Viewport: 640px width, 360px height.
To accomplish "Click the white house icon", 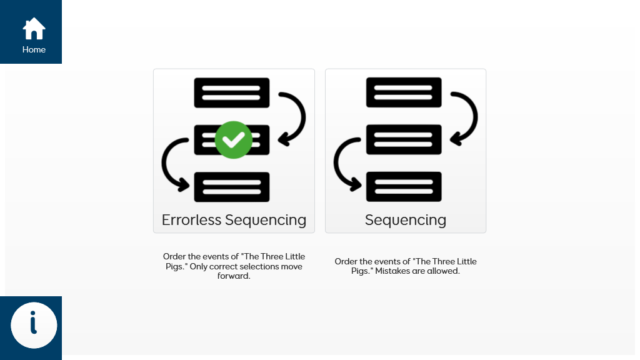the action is [34, 29].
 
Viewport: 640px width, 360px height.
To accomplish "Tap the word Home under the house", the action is [34, 50].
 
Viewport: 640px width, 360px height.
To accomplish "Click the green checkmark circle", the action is [234, 139].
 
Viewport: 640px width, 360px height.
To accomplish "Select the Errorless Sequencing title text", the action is [234, 220].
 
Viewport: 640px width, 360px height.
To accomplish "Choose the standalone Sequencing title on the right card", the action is [405, 220].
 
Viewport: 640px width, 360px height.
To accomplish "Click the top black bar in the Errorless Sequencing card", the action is [232, 92].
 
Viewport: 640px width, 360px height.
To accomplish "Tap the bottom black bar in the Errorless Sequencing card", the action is [232, 187].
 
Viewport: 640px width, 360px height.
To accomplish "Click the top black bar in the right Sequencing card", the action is [404, 92].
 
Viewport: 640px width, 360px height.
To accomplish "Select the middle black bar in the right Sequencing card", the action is [404, 139].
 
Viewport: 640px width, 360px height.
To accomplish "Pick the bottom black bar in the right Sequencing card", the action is [404, 186].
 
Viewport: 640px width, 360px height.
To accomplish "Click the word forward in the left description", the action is [234, 276].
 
